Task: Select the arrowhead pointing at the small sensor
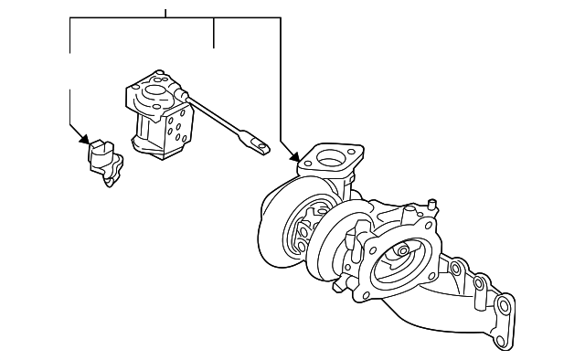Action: [85, 141]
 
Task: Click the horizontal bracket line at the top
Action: [174, 18]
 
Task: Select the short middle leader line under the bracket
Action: [214, 33]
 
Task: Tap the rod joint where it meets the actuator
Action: [186, 95]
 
